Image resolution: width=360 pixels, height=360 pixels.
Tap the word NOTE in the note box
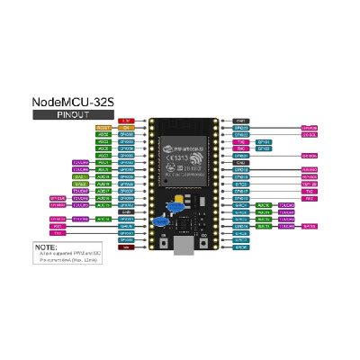45,246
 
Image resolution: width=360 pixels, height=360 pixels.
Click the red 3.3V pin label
126,120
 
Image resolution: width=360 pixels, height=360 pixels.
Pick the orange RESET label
103,128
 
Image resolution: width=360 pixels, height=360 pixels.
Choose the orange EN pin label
126,128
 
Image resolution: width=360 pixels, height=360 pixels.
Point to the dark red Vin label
126,247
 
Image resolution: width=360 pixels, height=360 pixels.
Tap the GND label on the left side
126,211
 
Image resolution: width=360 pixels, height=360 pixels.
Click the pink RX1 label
57,226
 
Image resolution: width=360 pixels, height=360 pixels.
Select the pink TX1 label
57,233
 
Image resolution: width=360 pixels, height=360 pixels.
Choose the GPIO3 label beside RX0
264,148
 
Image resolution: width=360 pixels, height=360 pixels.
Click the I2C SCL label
309,134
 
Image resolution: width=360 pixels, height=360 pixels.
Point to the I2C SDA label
309,156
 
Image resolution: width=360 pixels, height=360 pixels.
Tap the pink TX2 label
309,191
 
